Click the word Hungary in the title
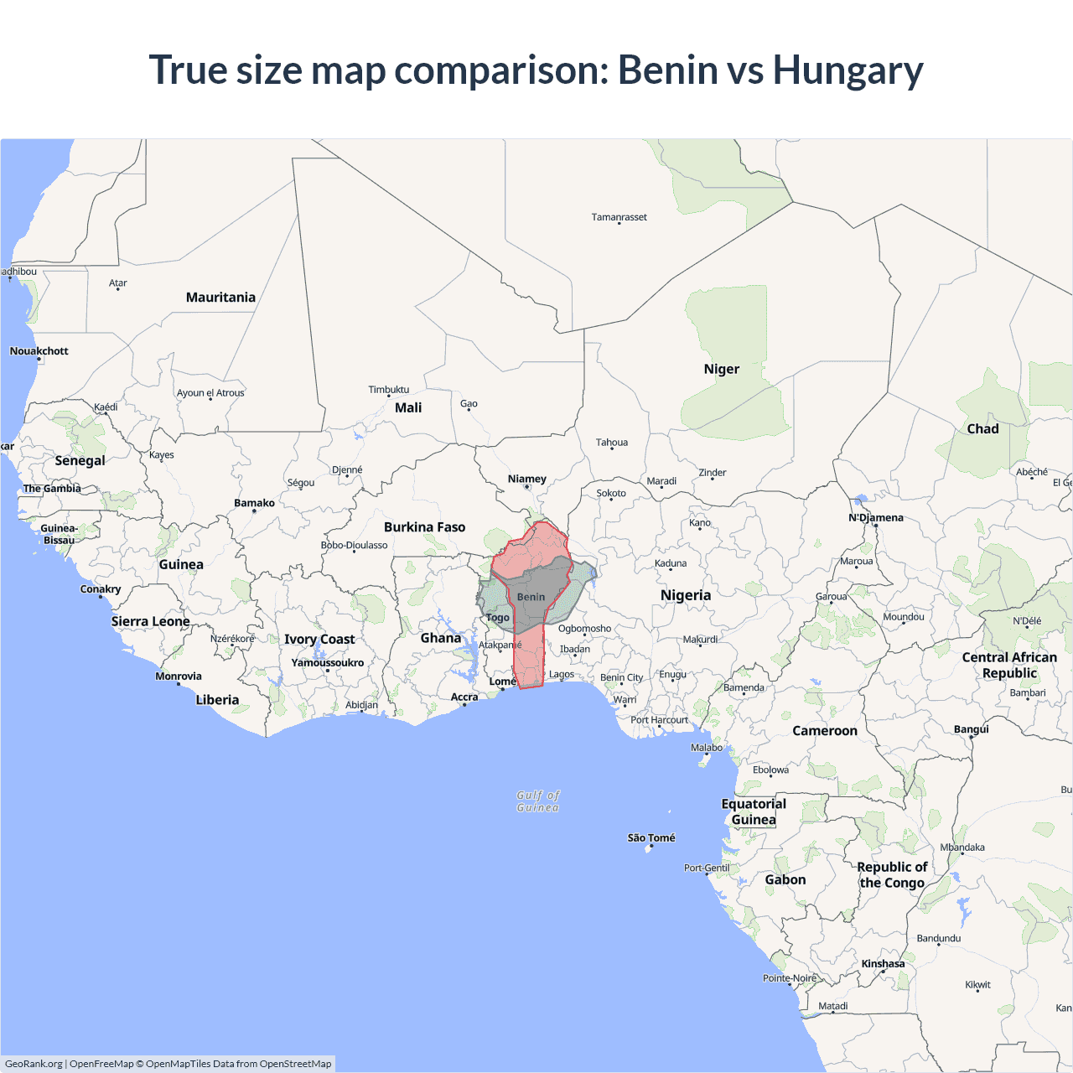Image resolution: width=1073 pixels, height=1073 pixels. (848, 70)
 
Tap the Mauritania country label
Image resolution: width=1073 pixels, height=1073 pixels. (220, 298)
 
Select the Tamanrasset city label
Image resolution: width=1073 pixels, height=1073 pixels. (619, 217)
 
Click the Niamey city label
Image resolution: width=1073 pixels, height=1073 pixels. (526, 479)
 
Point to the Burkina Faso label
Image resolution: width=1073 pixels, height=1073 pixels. (424, 527)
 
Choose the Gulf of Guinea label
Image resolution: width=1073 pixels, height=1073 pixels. (537, 801)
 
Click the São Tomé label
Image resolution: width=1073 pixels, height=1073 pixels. (651, 837)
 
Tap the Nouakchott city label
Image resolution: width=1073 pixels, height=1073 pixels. (39, 351)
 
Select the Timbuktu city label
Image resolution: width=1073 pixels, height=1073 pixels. (389, 390)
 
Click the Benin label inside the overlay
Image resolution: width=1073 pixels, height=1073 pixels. (531, 597)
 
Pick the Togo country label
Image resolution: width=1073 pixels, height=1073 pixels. (498, 618)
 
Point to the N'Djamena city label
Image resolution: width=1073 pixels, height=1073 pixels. (876, 517)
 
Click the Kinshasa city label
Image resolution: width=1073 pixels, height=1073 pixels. (883, 964)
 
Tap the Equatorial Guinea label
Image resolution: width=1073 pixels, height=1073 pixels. (754, 811)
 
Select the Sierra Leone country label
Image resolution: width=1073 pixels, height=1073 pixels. (150, 621)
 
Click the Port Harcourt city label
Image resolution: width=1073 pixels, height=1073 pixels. (659, 720)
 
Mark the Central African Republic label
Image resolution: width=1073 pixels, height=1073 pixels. (1009, 665)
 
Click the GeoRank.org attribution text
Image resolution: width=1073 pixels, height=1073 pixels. (34, 1064)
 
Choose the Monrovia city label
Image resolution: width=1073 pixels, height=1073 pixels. (179, 676)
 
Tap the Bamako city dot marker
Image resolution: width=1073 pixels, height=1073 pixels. (254, 511)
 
